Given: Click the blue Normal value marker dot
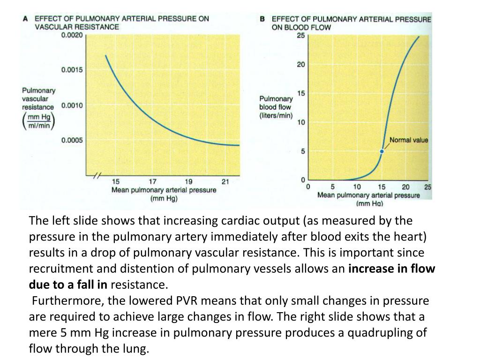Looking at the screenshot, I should coord(382,151).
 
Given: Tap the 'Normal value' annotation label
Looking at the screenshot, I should coord(409,140).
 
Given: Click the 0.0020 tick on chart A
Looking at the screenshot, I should coord(72,35).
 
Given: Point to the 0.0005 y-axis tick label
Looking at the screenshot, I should coord(72,140).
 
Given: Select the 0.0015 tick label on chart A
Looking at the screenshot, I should coord(72,70).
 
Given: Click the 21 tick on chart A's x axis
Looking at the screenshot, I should coord(225,182).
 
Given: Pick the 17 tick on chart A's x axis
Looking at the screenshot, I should coord(153,182).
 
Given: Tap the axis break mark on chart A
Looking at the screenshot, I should coord(96,176).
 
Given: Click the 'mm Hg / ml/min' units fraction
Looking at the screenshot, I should coord(39,121).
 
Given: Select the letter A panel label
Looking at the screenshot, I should coord(26,18).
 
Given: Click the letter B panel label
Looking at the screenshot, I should coord(262,19).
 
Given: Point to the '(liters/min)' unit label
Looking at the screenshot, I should coord(276,115).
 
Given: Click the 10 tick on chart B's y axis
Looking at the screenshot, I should coord(301,122).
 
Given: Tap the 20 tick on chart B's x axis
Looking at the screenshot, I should coord(405,187).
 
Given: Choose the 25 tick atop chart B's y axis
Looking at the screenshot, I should coord(301,35).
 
